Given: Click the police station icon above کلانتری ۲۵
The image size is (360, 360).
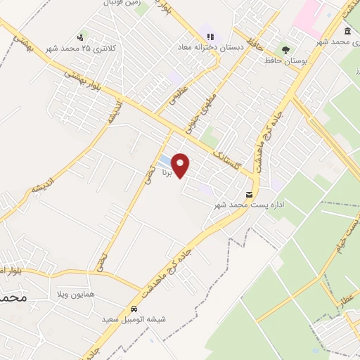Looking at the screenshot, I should (82, 37).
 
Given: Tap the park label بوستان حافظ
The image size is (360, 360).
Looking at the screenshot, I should (263, 60).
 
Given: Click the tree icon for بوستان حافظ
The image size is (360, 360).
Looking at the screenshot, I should (285, 50).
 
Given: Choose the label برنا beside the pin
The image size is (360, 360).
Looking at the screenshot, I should (166, 171).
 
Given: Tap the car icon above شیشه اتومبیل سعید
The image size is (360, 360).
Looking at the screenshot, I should (134, 309).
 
